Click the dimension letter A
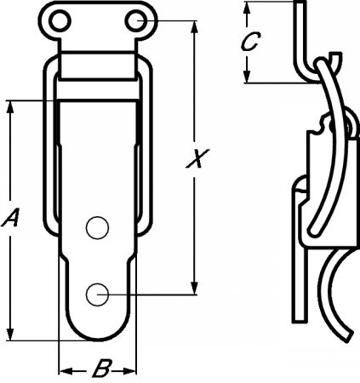[x=10, y=218]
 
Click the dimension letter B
[x=101, y=369]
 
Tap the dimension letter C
[x=250, y=42]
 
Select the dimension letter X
[x=197, y=158]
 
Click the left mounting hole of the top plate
[x=60, y=21]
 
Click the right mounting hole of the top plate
[x=136, y=21]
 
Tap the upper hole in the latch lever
[x=97, y=228]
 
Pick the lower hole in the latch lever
[x=97, y=294]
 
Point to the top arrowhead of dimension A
[x=10, y=107]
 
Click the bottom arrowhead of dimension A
[x=10, y=334]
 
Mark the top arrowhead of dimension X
[x=195, y=28]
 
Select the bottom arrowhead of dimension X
[x=195, y=288]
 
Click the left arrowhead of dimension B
[x=66, y=371]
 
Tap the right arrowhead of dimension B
[x=129, y=371]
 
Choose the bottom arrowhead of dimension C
[x=247, y=76]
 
